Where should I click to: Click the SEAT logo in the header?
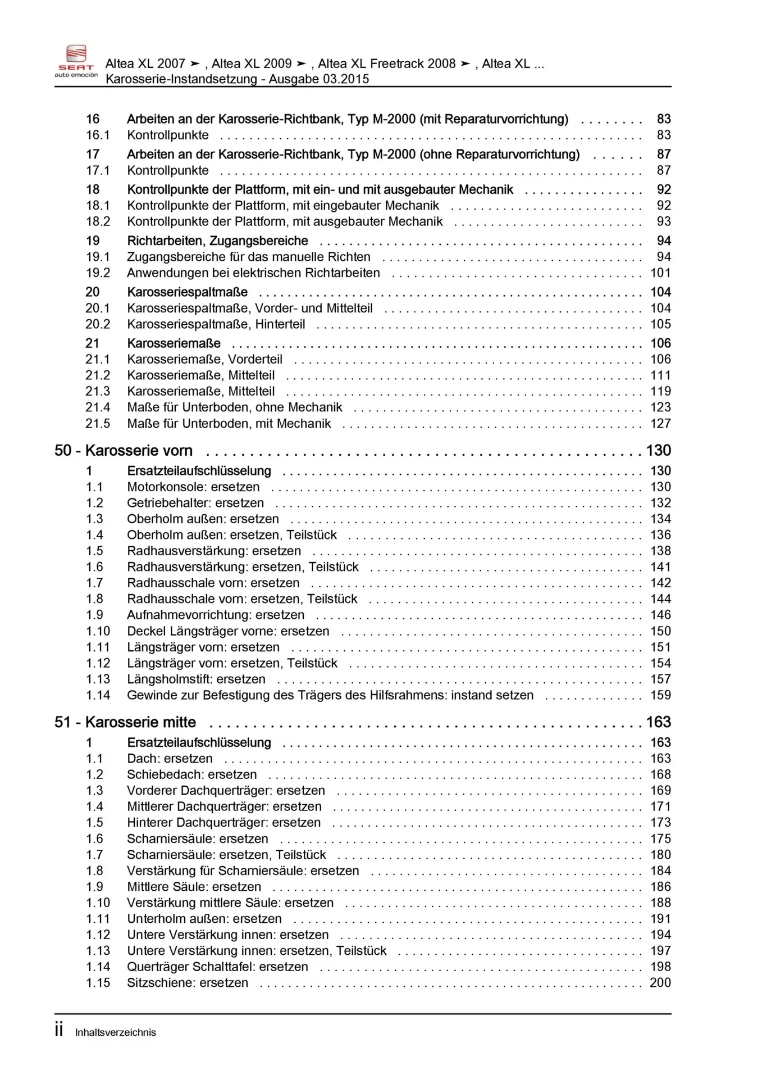tap(76, 60)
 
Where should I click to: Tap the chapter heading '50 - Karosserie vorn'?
tap(124, 451)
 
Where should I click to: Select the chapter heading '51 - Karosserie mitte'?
tap(125, 722)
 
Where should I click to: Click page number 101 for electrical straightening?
tap(660, 273)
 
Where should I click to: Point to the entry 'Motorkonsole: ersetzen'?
tap(193, 487)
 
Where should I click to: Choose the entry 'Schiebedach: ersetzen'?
tap(191, 774)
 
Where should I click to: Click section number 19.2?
tap(98, 273)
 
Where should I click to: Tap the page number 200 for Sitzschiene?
tap(660, 983)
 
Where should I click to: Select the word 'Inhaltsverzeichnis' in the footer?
tap(116, 1032)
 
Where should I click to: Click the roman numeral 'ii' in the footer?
tap(59, 1030)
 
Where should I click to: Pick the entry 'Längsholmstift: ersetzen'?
tap(196, 679)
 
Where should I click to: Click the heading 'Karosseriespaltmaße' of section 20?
tap(187, 292)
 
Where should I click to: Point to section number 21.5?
tap(98, 424)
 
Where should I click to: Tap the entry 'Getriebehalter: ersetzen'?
tap(195, 503)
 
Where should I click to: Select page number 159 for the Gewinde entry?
tap(660, 695)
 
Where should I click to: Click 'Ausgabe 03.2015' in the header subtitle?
tap(319, 79)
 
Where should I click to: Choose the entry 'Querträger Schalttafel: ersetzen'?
tap(217, 967)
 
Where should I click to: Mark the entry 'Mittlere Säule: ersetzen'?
tap(194, 887)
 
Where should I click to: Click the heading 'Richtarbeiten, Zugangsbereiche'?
tap(217, 241)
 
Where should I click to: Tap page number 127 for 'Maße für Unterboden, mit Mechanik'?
tap(660, 424)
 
